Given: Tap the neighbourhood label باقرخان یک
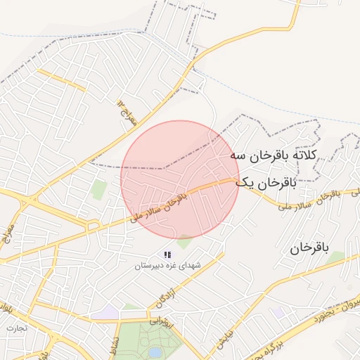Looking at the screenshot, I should [266, 183].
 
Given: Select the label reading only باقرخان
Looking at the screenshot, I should [309, 247].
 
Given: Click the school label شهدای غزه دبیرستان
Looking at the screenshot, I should [168, 267].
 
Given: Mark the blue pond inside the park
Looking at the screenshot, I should [155, 352].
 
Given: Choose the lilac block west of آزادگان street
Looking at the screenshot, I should [108, 311].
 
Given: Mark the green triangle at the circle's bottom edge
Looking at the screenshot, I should [185, 242].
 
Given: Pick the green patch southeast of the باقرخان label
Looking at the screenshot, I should [337, 258].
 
